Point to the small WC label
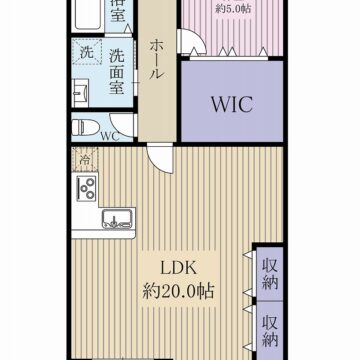click(109, 136)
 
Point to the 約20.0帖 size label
click(178, 292)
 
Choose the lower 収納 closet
click(269, 329)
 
